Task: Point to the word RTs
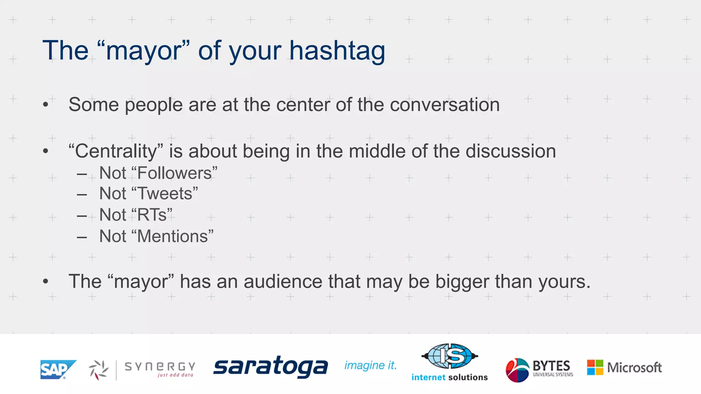coord(152,215)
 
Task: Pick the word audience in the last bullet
coord(283,281)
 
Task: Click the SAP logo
coord(58,369)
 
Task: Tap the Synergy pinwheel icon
coord(98,370)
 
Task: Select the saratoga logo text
coord(270,367)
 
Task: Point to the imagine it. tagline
coord(370,365)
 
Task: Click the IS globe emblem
coord(449,356)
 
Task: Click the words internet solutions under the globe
coord(449,377)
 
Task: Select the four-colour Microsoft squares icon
coord(595,367)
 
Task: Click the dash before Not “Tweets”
coord(82,195)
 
